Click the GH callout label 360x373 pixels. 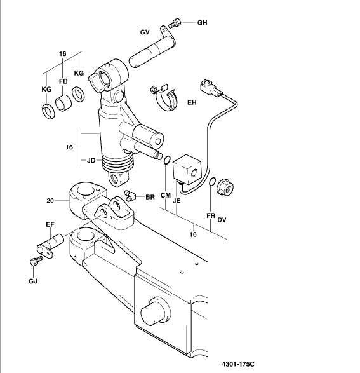202,23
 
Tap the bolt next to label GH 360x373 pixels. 175,23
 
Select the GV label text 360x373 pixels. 145,32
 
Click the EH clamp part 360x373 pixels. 164,97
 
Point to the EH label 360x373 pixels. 192,102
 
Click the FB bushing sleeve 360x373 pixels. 63,102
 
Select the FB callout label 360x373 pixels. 63,81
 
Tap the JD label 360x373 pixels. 91,160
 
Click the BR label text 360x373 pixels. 150,197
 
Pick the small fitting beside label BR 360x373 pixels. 130,195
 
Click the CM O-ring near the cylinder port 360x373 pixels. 167,160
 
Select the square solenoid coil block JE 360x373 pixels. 187,170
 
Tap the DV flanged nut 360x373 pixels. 225,187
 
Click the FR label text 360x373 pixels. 211,216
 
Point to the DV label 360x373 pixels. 222,220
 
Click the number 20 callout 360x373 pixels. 50,201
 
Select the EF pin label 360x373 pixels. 50,224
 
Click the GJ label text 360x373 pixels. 33,281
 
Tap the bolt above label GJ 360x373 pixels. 36,261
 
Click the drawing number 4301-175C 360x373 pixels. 238,364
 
